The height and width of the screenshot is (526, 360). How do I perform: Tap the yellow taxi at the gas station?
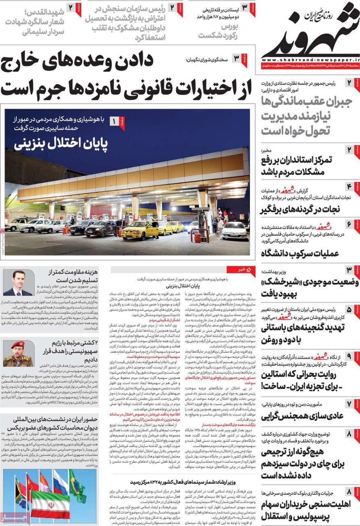click(140, 231)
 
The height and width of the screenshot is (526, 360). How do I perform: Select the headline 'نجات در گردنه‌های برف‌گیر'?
click(300, 210)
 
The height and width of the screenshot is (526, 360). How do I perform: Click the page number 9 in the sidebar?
click(348, 356)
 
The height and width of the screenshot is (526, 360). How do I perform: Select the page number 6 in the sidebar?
click(348, 224)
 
